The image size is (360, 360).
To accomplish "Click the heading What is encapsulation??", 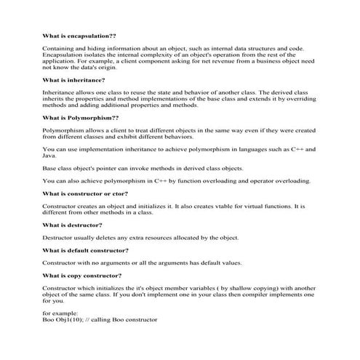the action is click(x=79, y=35).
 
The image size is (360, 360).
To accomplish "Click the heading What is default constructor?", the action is click(x=86, y=249).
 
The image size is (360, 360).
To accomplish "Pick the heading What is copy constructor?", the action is click(x=82, y=275).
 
